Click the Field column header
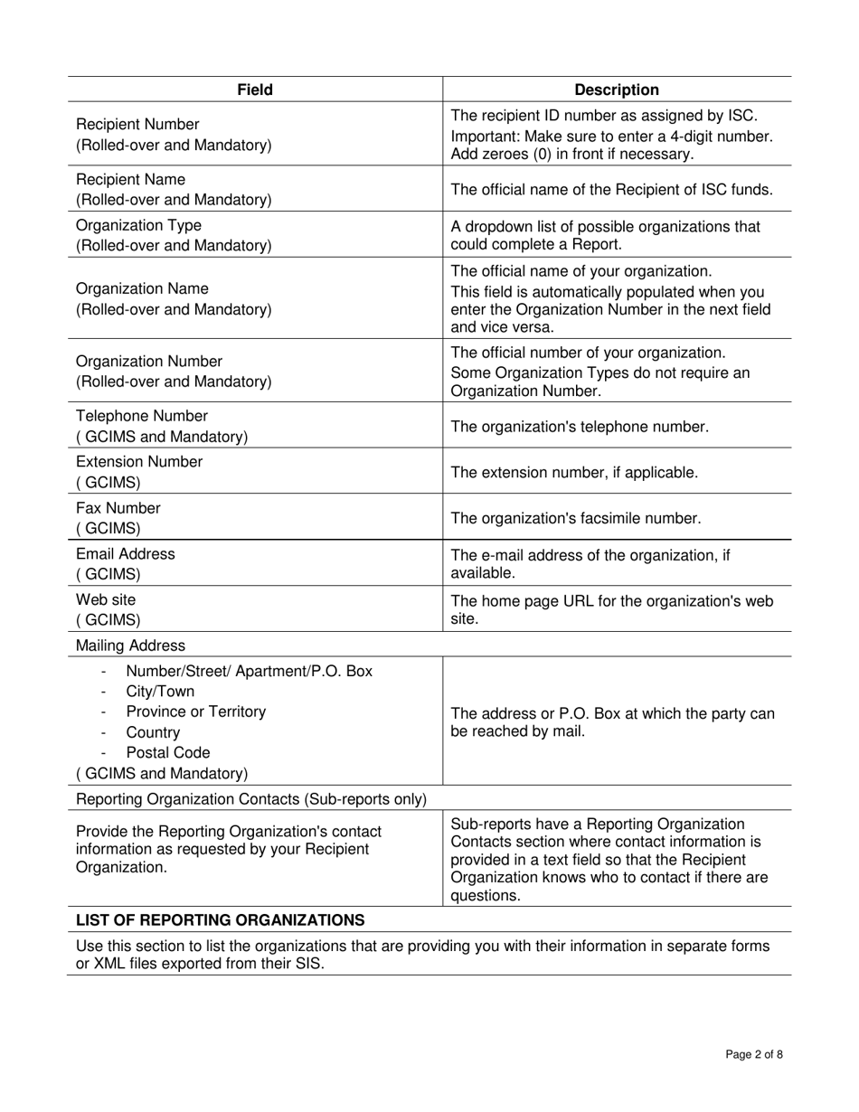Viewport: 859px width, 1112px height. point(255,90)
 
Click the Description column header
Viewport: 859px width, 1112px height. point(617,90)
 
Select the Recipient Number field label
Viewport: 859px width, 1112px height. point(137,124)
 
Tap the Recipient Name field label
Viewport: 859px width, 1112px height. point(130,179)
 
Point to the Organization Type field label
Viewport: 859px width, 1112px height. point(138,225)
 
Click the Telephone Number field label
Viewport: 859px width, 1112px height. point(141,416)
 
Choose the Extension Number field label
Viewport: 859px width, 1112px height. point(139,462)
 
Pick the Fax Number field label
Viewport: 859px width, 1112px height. point(118,508)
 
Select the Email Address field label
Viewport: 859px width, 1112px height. point(126,553)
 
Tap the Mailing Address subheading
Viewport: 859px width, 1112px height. point(130,646)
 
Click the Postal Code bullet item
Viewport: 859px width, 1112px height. point(168,752)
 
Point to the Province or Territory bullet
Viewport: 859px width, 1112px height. point(196,711)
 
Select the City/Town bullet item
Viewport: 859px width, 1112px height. point(160,692)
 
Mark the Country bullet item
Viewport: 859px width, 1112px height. point(153,732)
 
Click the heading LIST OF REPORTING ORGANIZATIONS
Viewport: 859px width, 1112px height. point(220,919)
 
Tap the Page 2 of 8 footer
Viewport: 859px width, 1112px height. point(754,1054)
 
